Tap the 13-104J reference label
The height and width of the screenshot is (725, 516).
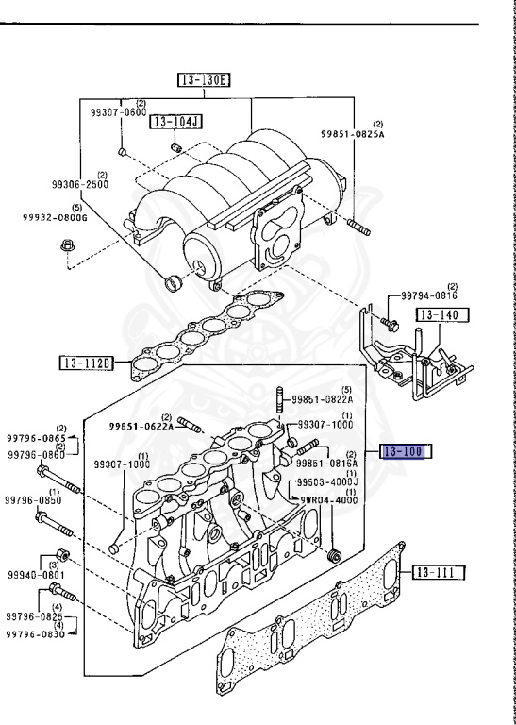coord(176,122)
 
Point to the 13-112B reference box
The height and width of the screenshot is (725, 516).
coord(87,362)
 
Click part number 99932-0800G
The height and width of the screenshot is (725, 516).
coord(55,217)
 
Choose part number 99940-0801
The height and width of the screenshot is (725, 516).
coord(37,574)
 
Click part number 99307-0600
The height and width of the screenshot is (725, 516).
coord(119,112)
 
